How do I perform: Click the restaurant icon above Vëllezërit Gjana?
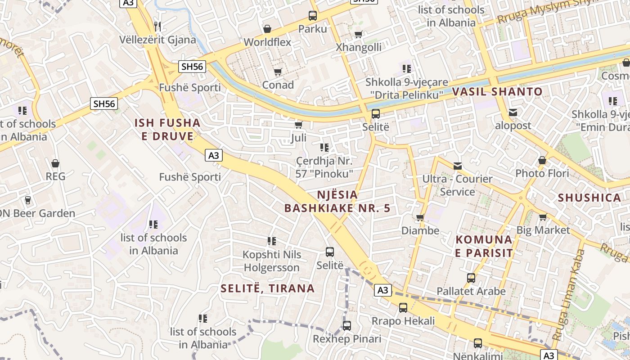point(157,26)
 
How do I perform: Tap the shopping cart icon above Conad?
point(278,72)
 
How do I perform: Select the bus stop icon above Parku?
point(313,16)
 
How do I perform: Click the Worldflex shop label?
point(267,42)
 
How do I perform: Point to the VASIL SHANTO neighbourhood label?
point(497,92)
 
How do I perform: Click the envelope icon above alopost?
point(513,112)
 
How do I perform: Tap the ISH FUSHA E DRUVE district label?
point(167,129)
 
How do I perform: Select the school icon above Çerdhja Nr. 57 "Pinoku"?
point(324,147)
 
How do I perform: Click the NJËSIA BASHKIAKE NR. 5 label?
point(337,201)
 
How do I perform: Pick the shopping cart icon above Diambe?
point(420,218)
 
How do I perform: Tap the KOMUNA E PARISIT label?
point(484,246)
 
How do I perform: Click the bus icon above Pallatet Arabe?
point(471,278)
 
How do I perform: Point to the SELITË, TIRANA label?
point(268,288)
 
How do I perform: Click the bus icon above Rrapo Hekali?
point(403,308)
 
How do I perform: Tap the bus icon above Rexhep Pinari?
point(346,325)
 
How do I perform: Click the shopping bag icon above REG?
point(55,163)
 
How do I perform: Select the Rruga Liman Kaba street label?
point(568,294)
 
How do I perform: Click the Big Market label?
point(543,230)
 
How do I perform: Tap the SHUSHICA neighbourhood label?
point(589,198)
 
